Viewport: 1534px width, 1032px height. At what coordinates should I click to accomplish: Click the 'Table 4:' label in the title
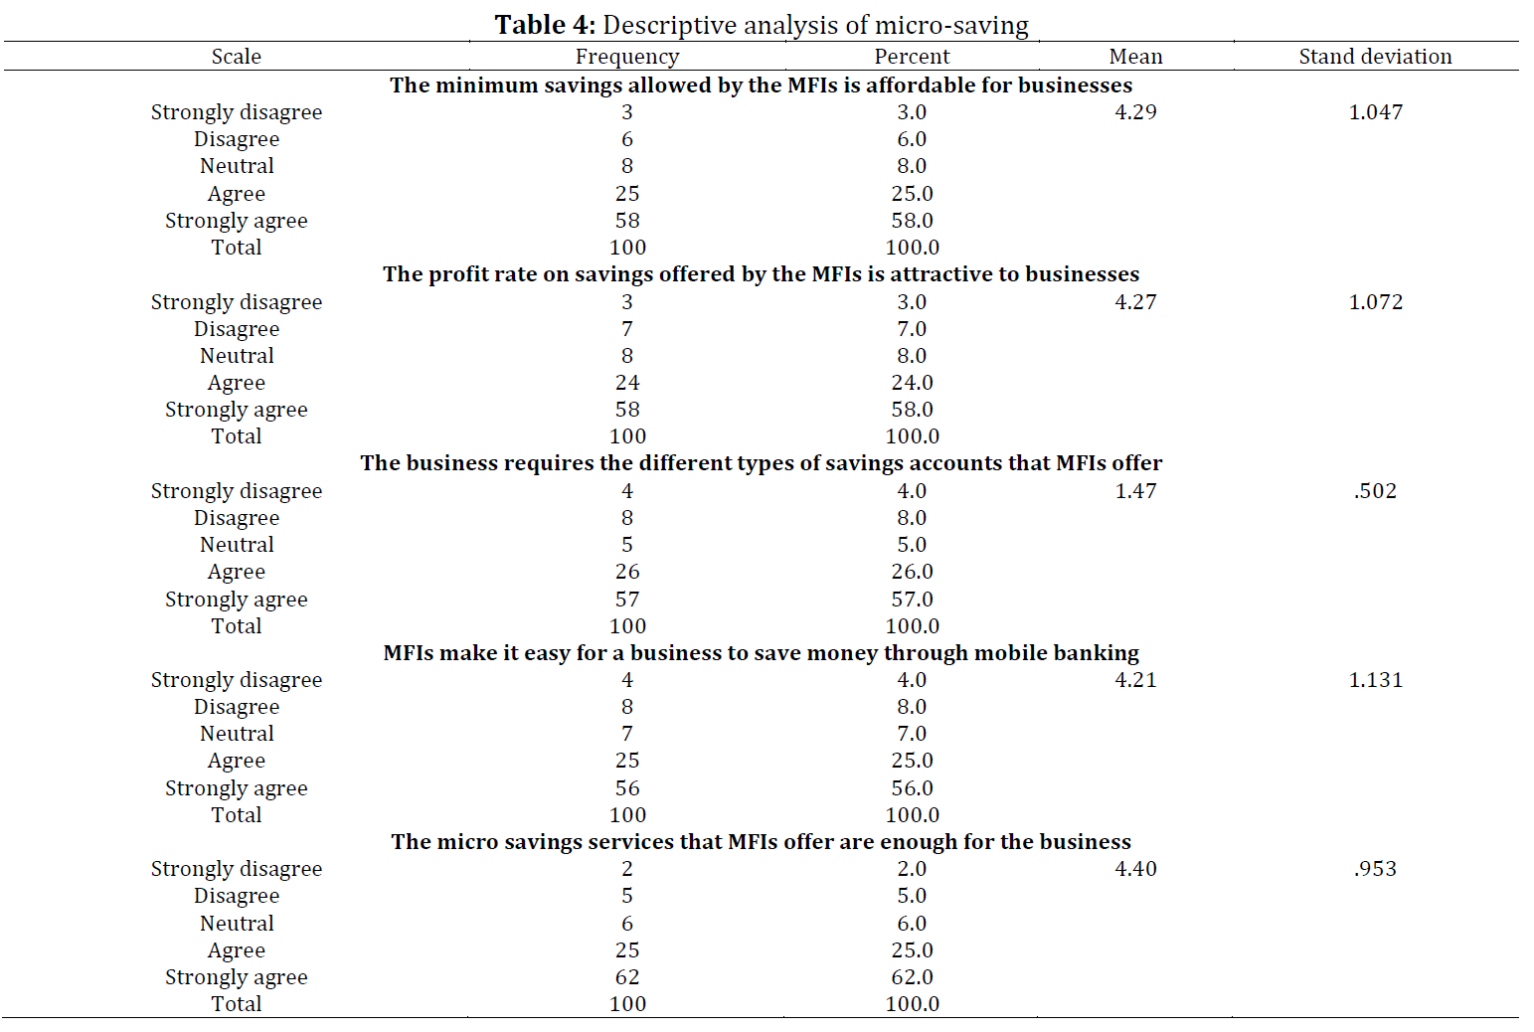[x=546, y=25]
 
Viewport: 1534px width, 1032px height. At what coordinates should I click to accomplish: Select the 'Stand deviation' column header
[x=1375, y=56]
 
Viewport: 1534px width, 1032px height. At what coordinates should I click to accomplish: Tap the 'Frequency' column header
[x=627, y=57]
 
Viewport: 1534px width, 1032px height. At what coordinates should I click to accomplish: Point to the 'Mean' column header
[x=1135, y=56]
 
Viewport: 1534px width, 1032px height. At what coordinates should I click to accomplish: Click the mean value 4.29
[x=1135, y=111]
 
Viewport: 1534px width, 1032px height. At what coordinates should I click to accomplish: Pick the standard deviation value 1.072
[x=1375, y=301]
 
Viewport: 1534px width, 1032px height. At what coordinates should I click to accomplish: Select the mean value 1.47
[x=1135, y=490]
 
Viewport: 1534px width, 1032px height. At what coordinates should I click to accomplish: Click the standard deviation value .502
[x=1375, y=490]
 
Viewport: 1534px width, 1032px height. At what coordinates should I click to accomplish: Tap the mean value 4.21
[x=1135, y=679]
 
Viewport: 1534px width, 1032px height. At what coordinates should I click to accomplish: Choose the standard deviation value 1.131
[x=1375, y=679]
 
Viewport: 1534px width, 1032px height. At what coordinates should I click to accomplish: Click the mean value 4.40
[x=1135, y=868]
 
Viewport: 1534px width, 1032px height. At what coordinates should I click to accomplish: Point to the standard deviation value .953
[x=1375, y=868]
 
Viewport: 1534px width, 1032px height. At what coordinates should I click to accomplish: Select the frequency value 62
[x=627, y=976]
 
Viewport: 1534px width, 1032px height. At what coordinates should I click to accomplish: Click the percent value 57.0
[x=912, y=599]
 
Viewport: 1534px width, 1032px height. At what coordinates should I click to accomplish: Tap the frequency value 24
[x=627, y=382]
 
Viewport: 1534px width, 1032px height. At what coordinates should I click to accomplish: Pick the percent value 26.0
[x=912, y=571]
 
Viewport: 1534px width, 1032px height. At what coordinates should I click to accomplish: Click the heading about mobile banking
[x=761, y=652]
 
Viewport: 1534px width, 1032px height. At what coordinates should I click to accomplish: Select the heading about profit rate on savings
[x=761, y=274]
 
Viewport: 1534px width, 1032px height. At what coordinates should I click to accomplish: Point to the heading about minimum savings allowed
[x=761, y=85]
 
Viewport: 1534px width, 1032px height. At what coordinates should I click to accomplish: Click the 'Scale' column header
[x=237, y=56]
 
